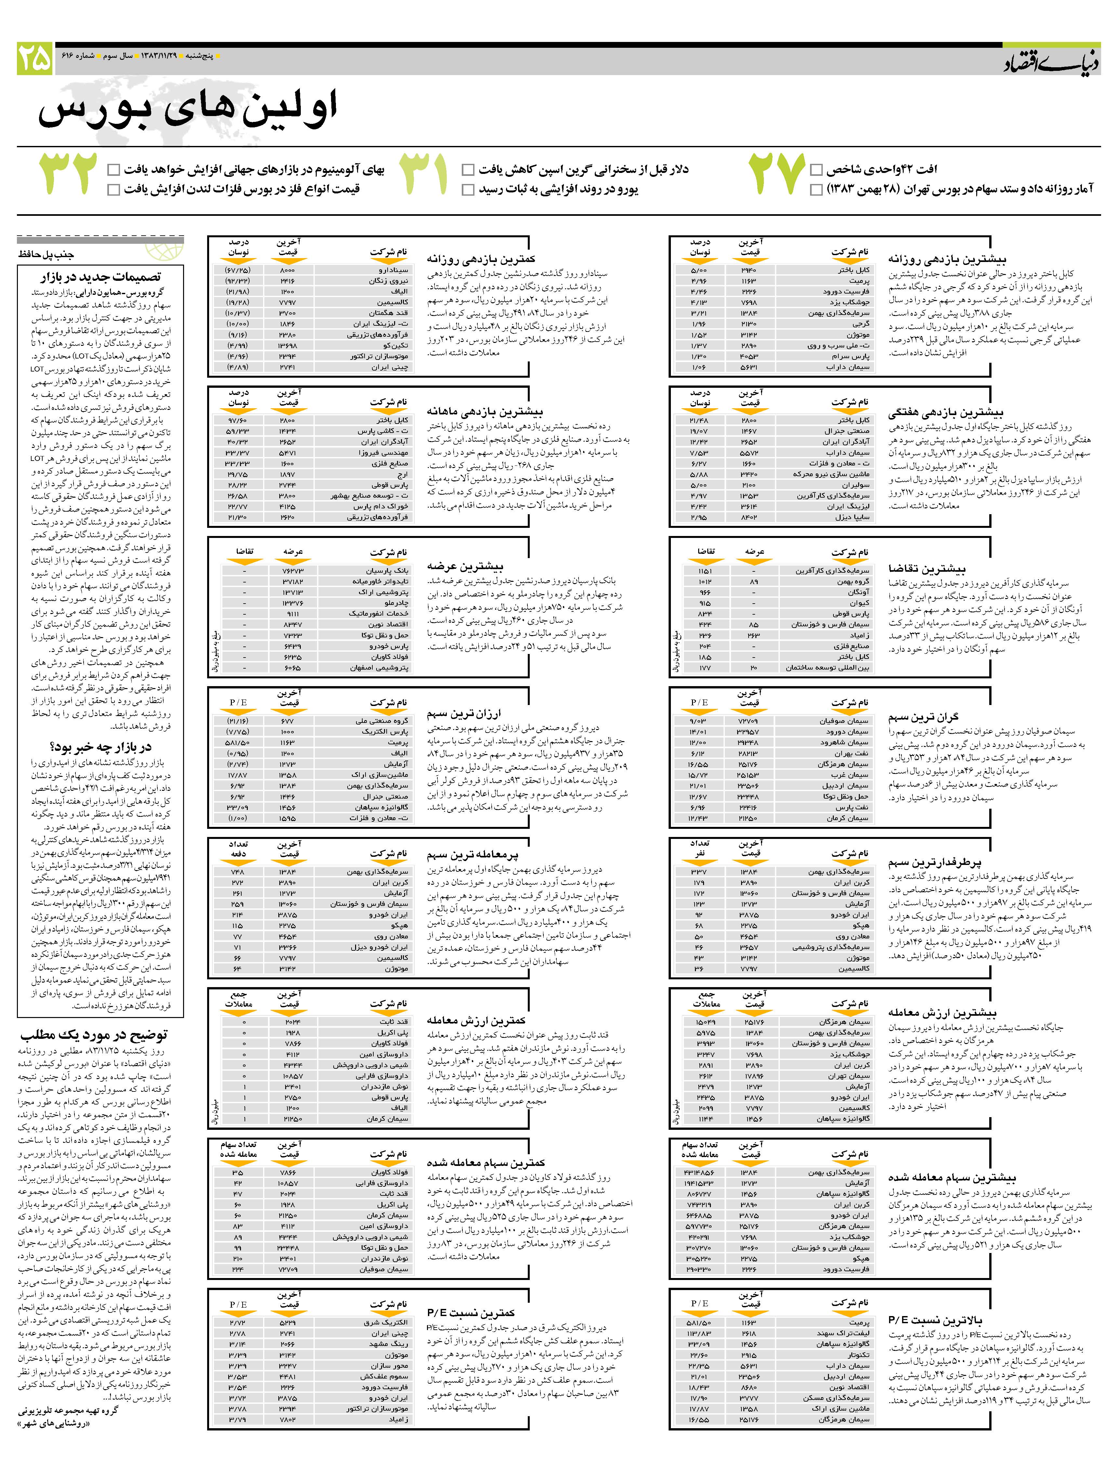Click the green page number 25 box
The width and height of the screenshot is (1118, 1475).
pyautogui.click(x=35, y=59)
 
